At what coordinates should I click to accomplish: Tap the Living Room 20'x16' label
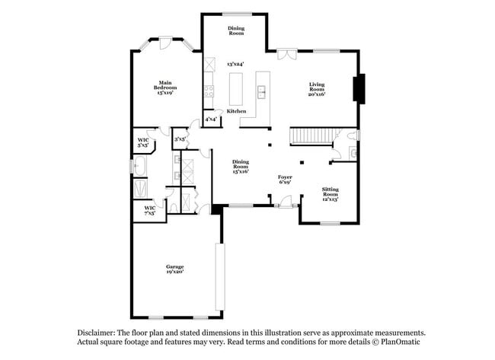(317, 89)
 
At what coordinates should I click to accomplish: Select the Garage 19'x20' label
(175, 268)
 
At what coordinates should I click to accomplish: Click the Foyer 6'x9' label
(285, 179)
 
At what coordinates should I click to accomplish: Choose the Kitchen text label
(237, 111)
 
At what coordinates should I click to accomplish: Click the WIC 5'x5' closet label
(142, 142)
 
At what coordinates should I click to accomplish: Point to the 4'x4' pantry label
(210, 119)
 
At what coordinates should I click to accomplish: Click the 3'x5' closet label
(180, 139)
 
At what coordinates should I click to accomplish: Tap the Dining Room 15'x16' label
(241, 167)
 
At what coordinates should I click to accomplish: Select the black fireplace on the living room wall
(362, 88)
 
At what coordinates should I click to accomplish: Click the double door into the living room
(286, 53)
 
